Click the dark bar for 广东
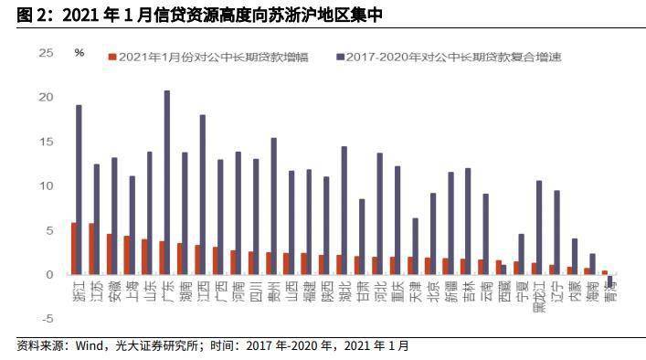click(x=167, y=183)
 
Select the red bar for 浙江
click(x=73, y=249)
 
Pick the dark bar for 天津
click(x=416, y=247)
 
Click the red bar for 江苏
click(x=90, y=249)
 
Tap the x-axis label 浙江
click(x=77, y=291)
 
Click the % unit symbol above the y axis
click(x=79, y=53)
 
